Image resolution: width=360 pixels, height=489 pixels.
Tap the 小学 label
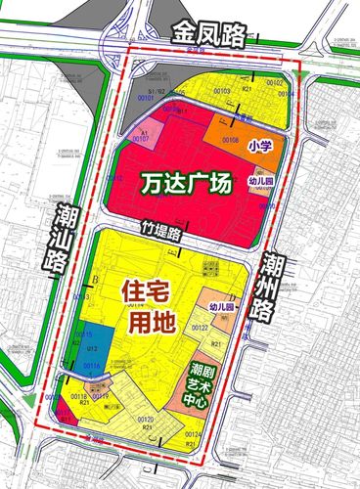(x=259, y=146)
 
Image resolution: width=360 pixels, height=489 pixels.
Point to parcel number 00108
(x=230, y=141)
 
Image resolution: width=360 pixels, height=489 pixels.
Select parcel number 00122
(x=200, y=327)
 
